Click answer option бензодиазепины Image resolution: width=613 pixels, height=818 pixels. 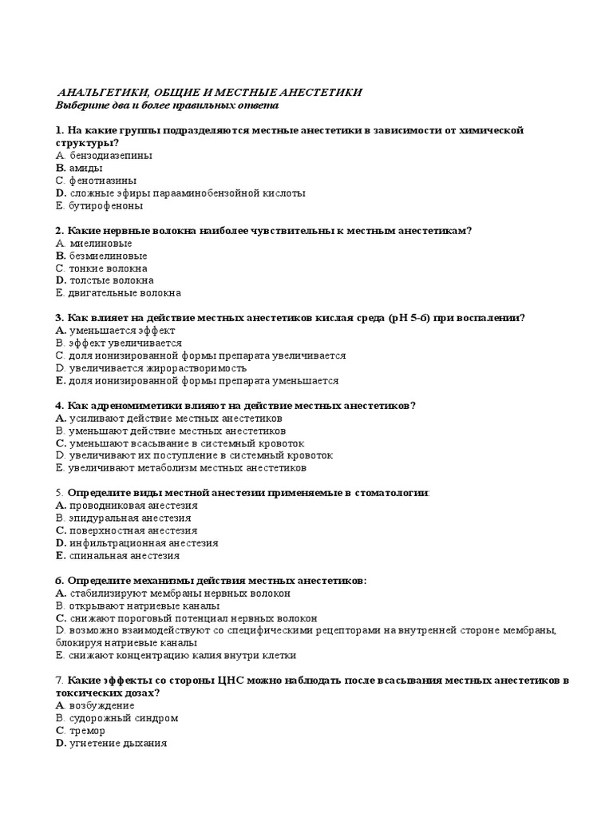[111, 156]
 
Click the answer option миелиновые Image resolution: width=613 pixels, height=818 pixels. [101, 243]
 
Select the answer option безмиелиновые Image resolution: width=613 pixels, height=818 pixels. [108, 256]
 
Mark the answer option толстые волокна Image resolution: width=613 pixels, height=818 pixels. [111, 280]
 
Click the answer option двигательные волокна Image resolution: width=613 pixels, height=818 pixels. [125, 293]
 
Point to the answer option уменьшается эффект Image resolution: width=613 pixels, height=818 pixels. [122, 330]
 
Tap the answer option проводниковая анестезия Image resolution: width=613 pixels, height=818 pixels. [133, 506]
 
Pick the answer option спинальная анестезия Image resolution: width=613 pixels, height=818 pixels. [125, 555]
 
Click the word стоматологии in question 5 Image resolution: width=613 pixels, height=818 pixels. [392, 493]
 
